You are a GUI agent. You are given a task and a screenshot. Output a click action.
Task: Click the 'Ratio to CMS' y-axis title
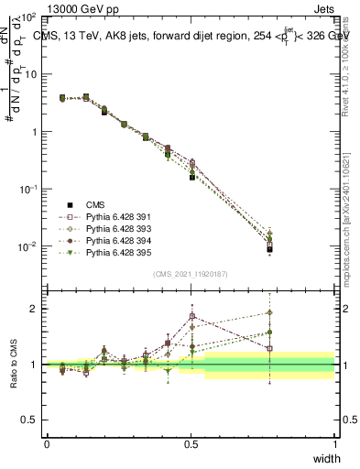[16, 364]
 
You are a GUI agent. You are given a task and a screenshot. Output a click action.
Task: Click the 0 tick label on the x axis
[47, 444]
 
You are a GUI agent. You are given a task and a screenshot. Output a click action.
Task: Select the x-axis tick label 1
[334, 444]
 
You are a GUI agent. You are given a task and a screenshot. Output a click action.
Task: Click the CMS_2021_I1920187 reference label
[191, 274]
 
